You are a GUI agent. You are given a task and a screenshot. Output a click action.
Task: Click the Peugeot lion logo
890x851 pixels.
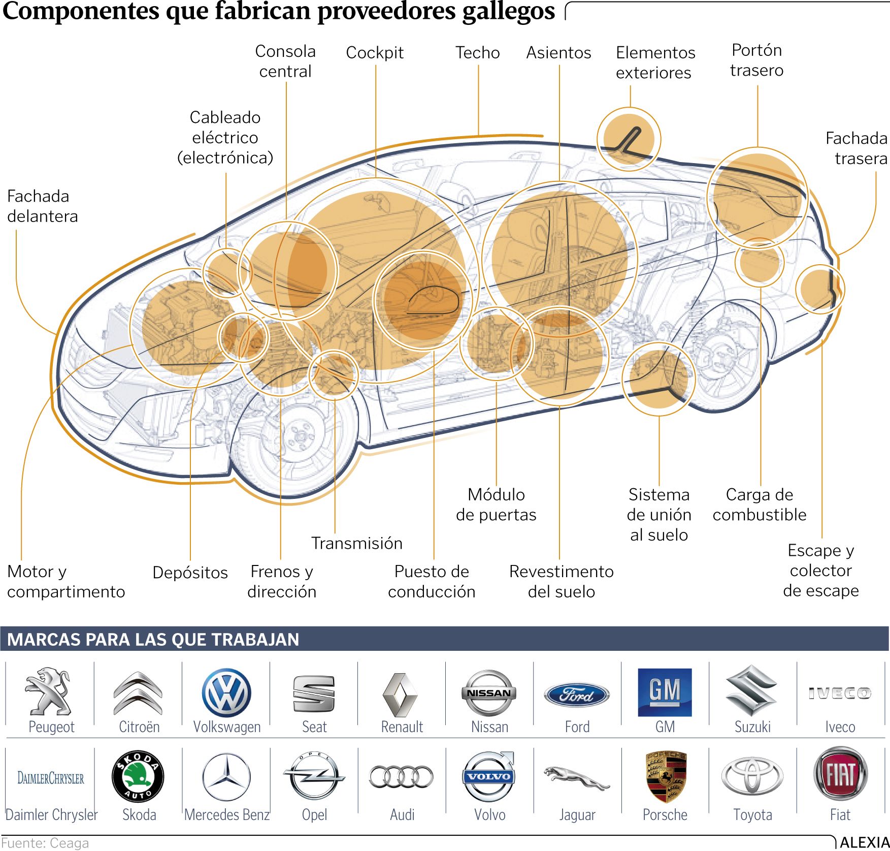point(48,691)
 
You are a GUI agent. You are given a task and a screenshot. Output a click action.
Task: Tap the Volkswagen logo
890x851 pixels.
point(226,692)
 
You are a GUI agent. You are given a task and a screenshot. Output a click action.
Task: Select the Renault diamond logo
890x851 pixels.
point(401,695)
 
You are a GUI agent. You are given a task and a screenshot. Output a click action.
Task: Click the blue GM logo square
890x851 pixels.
point(665,692)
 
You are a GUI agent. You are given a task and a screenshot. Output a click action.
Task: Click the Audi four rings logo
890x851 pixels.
point(401,776)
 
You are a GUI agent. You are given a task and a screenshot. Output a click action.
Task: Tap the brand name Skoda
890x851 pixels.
point(139,814)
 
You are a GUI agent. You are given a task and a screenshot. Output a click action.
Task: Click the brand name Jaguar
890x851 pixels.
point(577,815)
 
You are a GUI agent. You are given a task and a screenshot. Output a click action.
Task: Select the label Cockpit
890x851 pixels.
point(375,52)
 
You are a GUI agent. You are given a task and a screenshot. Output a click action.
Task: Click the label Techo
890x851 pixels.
point(477,52)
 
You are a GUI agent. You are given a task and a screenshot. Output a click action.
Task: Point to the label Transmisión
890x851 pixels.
point(357,543)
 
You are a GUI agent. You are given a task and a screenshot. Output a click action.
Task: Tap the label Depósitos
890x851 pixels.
point(190,573)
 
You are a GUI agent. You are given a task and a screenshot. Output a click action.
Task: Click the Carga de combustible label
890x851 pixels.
point(760,505)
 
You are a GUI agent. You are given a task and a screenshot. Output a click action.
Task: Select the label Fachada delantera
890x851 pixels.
point(43,206)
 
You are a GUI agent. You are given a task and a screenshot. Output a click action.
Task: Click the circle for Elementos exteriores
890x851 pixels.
point(629,139)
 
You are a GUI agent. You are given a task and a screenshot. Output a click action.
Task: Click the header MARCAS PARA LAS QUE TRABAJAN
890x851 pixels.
point(153,639)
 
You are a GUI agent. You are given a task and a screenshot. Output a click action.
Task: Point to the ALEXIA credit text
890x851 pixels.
point(864,842)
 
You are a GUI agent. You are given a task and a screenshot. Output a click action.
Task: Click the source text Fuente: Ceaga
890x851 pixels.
point(45,843)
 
